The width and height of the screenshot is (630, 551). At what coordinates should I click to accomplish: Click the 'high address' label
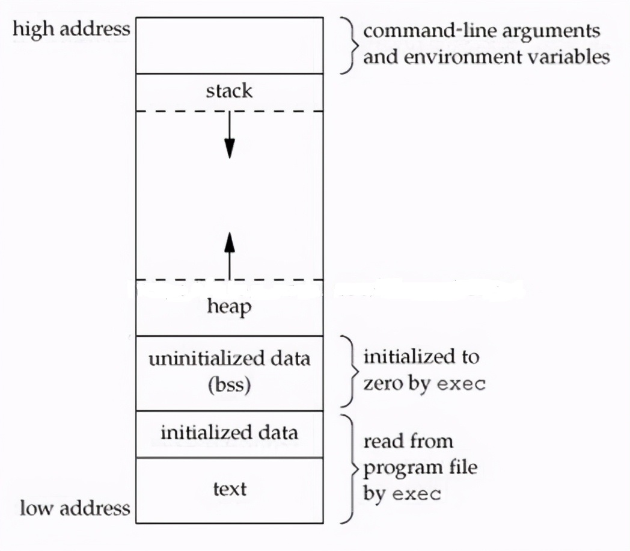click(72, 28)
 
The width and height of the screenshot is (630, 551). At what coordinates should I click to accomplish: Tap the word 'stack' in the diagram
click(229, 91)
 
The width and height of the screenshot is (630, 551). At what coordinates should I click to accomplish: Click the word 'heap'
click(229, 307)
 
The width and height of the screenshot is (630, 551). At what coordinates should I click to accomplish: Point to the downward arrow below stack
click(229, 138)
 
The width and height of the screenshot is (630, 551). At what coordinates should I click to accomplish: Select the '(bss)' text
click(229, 384)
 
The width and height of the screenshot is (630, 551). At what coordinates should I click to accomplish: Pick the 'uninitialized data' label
click(229, 359)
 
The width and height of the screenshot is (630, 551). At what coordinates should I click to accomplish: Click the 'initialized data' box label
click(229, 432)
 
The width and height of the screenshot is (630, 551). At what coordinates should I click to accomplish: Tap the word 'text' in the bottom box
click(229, 488)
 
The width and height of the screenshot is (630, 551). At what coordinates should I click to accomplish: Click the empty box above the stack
click(229, 45)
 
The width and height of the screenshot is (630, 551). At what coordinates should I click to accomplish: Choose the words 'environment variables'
click(486, 57)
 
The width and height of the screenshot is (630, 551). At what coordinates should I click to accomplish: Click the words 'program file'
click(420, 467)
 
